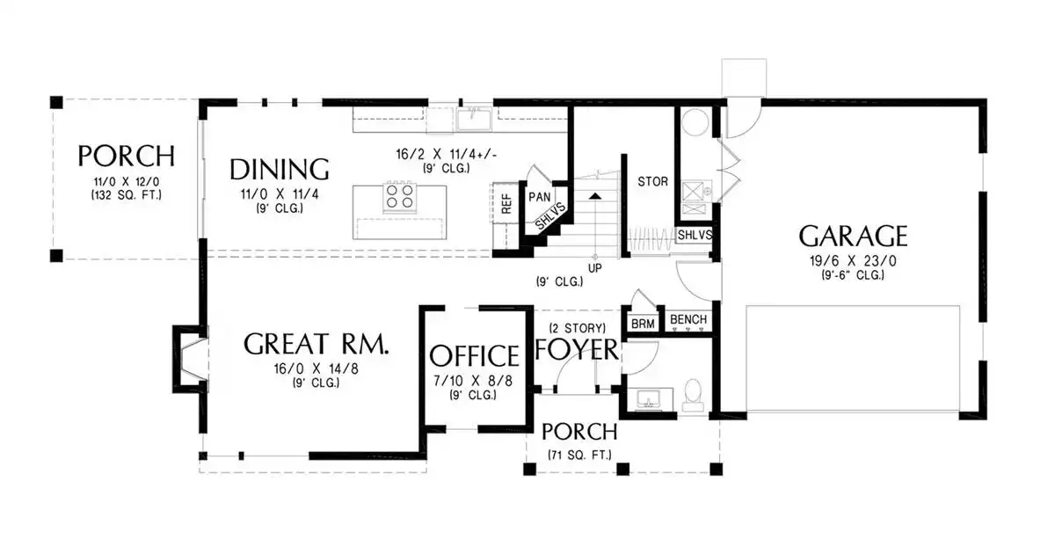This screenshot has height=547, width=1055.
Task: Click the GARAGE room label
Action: (x=853, y=236)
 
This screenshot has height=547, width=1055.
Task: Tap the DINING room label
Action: (x=280, y=170)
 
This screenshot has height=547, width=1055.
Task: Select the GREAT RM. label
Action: (x=316, y=344)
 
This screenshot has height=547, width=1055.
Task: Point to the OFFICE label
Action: (x=474, y=355)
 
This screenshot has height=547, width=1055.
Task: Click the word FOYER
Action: (x=577, y=349)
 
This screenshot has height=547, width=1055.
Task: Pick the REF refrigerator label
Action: (x=506, y=203)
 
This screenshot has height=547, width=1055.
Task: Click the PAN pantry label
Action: (x=539, y=196)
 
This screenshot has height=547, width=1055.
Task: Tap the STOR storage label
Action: (x=652, y=181)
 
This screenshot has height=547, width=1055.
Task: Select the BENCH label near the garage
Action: (x=688, y=319)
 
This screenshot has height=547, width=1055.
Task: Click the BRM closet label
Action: (x=643, y=325)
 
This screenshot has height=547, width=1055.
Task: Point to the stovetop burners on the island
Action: (x=399, y=196)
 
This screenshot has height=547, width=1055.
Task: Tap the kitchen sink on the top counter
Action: (x=473, y=119)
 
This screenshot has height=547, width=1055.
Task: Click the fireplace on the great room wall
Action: (x=191, y=359)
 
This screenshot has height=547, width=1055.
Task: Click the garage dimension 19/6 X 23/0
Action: (x=853, y=260)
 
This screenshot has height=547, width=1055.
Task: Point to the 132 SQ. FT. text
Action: (x=127, y=195)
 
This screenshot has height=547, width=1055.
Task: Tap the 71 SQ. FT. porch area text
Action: (x=579, y=455)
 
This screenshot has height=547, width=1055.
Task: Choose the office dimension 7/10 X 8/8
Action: (x=473, y=381)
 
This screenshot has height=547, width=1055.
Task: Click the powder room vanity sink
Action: (x=649, y=399)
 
